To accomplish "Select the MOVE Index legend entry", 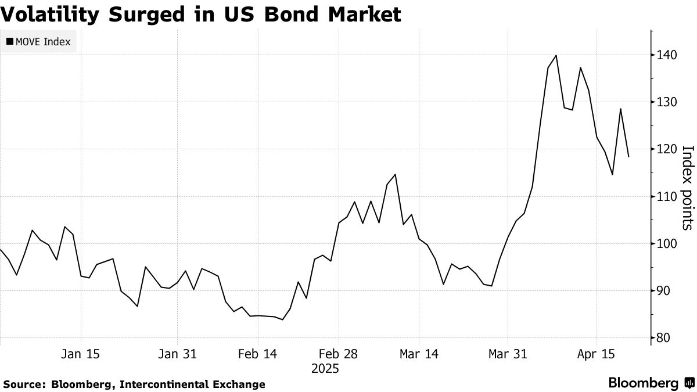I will pos(38,41).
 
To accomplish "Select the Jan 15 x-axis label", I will pos(81,354).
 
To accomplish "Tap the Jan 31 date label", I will pos(177,354).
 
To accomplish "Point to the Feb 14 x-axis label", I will pos(258,354).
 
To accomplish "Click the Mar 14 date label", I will pos(419,354).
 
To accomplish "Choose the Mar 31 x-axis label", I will pos(508,354).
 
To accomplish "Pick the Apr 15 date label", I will pos(597,354).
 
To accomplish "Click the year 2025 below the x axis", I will pos(325,369).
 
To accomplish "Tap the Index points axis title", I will pos(687,187).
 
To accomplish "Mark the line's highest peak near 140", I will pos(556,56).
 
